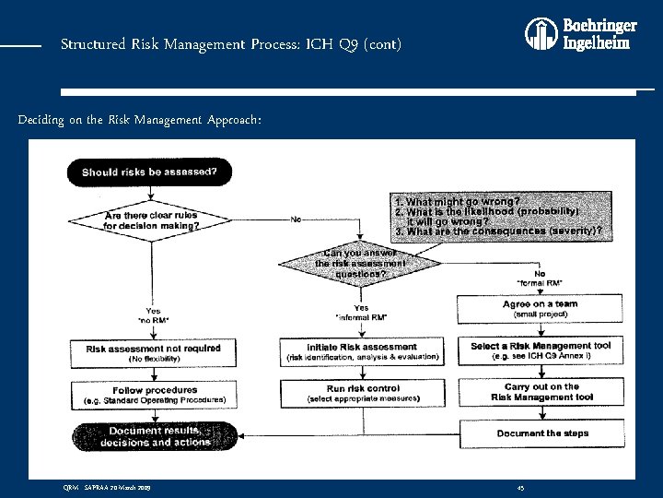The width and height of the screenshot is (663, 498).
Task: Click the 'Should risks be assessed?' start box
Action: [x=150, y=172]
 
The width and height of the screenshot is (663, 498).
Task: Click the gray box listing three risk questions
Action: [x=498, y=216]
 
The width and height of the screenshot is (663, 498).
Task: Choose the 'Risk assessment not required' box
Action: [x=153, y=352]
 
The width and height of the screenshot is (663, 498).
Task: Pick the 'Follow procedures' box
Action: [x=153, y=395]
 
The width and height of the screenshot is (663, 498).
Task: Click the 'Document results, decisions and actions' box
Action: [x=153, y=436]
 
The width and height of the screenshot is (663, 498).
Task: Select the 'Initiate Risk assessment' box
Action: [x=362, y=351]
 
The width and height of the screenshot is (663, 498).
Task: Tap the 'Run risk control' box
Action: [x=362, y=393]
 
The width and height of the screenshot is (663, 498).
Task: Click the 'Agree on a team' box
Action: [x=541, y=308]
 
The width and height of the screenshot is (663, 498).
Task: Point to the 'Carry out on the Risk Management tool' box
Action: [x=541, y=392]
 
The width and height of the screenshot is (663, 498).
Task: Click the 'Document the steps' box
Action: [x=541, y=433]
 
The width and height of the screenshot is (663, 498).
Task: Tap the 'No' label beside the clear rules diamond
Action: [x=296, y=219]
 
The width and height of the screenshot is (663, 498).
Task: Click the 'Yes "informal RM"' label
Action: [x=361, y=313]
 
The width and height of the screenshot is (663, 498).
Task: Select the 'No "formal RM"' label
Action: [x=540, y=278]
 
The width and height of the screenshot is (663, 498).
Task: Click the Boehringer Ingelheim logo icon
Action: [x=539, y=34]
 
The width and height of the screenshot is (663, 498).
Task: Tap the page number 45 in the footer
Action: [x=520, y=486]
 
